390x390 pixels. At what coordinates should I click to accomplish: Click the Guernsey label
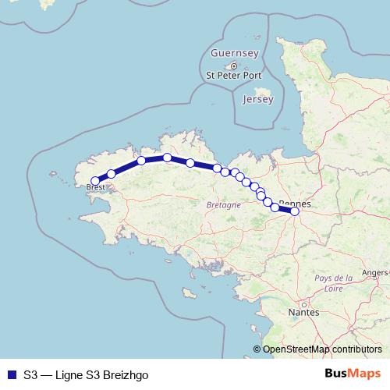coord(233,53)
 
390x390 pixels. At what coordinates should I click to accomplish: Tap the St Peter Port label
coord(233,76)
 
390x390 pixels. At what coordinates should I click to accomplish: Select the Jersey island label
coord(258,100)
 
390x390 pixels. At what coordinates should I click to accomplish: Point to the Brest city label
coord(96,187)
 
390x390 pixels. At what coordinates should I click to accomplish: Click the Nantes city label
coord(303,312)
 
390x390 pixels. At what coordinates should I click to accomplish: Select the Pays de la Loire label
coord(333,282)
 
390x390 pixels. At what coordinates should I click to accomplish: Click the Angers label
coord(376,272)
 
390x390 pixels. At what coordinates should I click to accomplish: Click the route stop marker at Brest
coord(95,180)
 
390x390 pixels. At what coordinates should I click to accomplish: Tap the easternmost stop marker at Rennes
coord(294,211)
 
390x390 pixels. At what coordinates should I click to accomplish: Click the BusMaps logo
coord(353,373)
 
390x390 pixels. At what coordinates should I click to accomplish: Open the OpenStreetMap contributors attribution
coord(322,349)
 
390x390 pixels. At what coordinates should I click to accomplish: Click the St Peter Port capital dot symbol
coord(233,65)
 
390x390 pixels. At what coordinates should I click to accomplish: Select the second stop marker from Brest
coord(112,173)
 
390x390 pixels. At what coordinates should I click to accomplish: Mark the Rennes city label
coord(296,204)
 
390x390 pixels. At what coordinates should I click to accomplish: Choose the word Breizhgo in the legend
coord(123,374)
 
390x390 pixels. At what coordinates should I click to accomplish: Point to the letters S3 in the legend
coord(30,374)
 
